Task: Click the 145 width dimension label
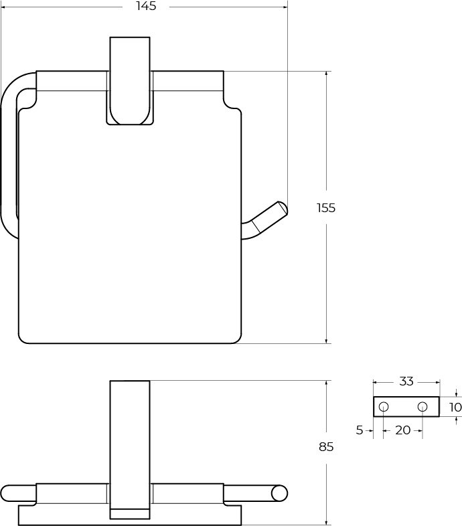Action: click(x=146, y=6)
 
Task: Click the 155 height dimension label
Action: click(x=326, y=208)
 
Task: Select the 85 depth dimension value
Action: click(x=326, y=447)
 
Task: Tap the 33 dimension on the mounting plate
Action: click(x=406, y=381)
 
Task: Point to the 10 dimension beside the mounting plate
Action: click(x=455, y=408)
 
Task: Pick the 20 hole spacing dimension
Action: click(x=403, y=430)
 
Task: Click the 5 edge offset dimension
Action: click(x=360, y=430)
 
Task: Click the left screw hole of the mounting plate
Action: click(x=384, y=407)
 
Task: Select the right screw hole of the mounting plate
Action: click(x=422, y=407)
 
